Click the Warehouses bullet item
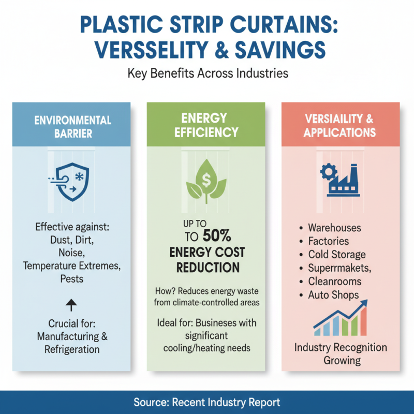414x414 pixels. coord(334,228)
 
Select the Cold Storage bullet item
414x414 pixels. coord(336,255)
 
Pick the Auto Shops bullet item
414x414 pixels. coord(333,295)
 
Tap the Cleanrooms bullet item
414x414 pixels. coord(334,282)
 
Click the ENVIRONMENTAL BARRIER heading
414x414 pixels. coord(72,127)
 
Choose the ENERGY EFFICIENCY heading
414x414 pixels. coord(206,125)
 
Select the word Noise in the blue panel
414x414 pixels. coord(72,253)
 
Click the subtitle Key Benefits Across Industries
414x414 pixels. coord(207,73)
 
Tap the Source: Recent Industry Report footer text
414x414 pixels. coord(207,402)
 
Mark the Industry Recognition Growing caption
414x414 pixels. coord(340,353)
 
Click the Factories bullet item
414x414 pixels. coord(329,241)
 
